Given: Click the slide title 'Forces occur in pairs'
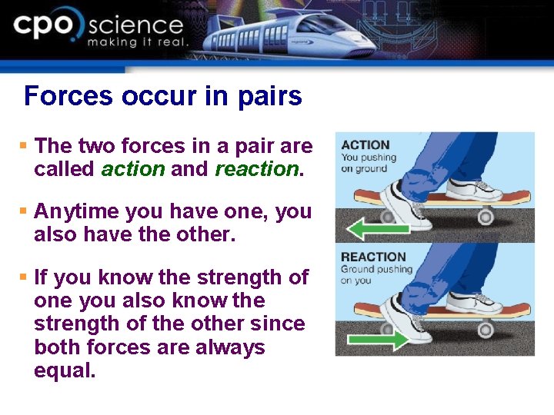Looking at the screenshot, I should (162, 96).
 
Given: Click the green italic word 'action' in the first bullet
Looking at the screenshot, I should (132, 169).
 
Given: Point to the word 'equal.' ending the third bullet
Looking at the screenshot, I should (65, 371).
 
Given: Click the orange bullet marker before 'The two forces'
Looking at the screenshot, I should (24, 145).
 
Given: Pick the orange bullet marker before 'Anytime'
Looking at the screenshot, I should (24, 211).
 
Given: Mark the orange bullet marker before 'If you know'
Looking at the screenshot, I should (24, 276).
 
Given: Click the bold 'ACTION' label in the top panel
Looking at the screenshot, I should (365, 144).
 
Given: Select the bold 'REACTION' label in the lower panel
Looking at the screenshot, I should (373, 257).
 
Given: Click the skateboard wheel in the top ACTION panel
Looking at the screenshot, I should (485, 217).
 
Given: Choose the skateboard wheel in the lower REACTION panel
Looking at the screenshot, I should (485, 329).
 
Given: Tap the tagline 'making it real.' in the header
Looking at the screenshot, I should (137, 42).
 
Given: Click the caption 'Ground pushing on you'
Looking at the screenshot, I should (376, 274).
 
